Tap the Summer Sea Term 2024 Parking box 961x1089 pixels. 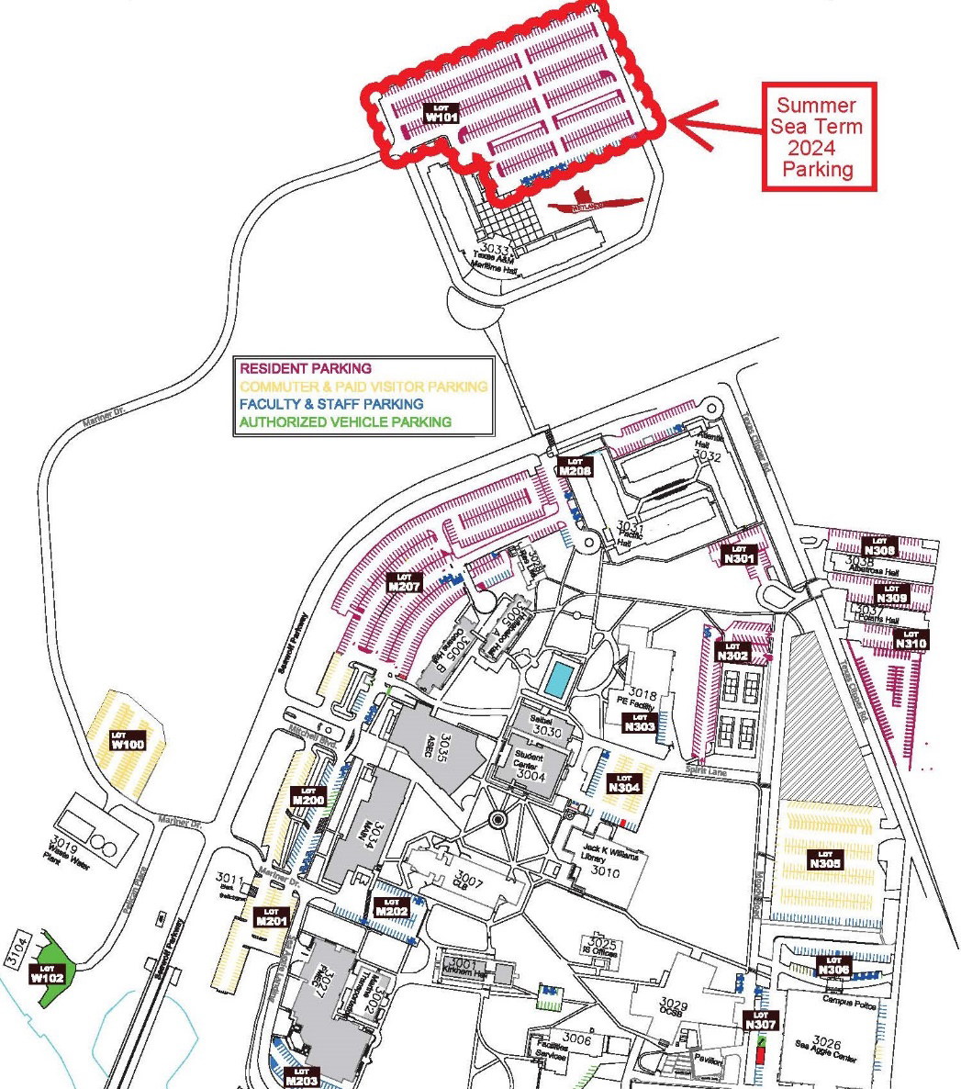(x=819, y=137)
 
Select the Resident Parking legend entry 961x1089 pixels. (x=306, y=369)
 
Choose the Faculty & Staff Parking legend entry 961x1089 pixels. (x=331, y=404)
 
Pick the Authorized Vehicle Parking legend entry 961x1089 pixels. (x=345, y=421)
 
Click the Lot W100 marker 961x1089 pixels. (x=128, y=740)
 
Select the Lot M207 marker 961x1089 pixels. (x=404, y=582)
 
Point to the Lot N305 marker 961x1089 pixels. (x=825, y=859)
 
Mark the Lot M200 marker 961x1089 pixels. (x=308, y=796)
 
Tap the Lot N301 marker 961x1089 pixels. (x=739, y=554)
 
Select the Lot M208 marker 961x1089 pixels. (x=575, y=466)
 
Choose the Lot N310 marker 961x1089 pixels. (x=911, y=639)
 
